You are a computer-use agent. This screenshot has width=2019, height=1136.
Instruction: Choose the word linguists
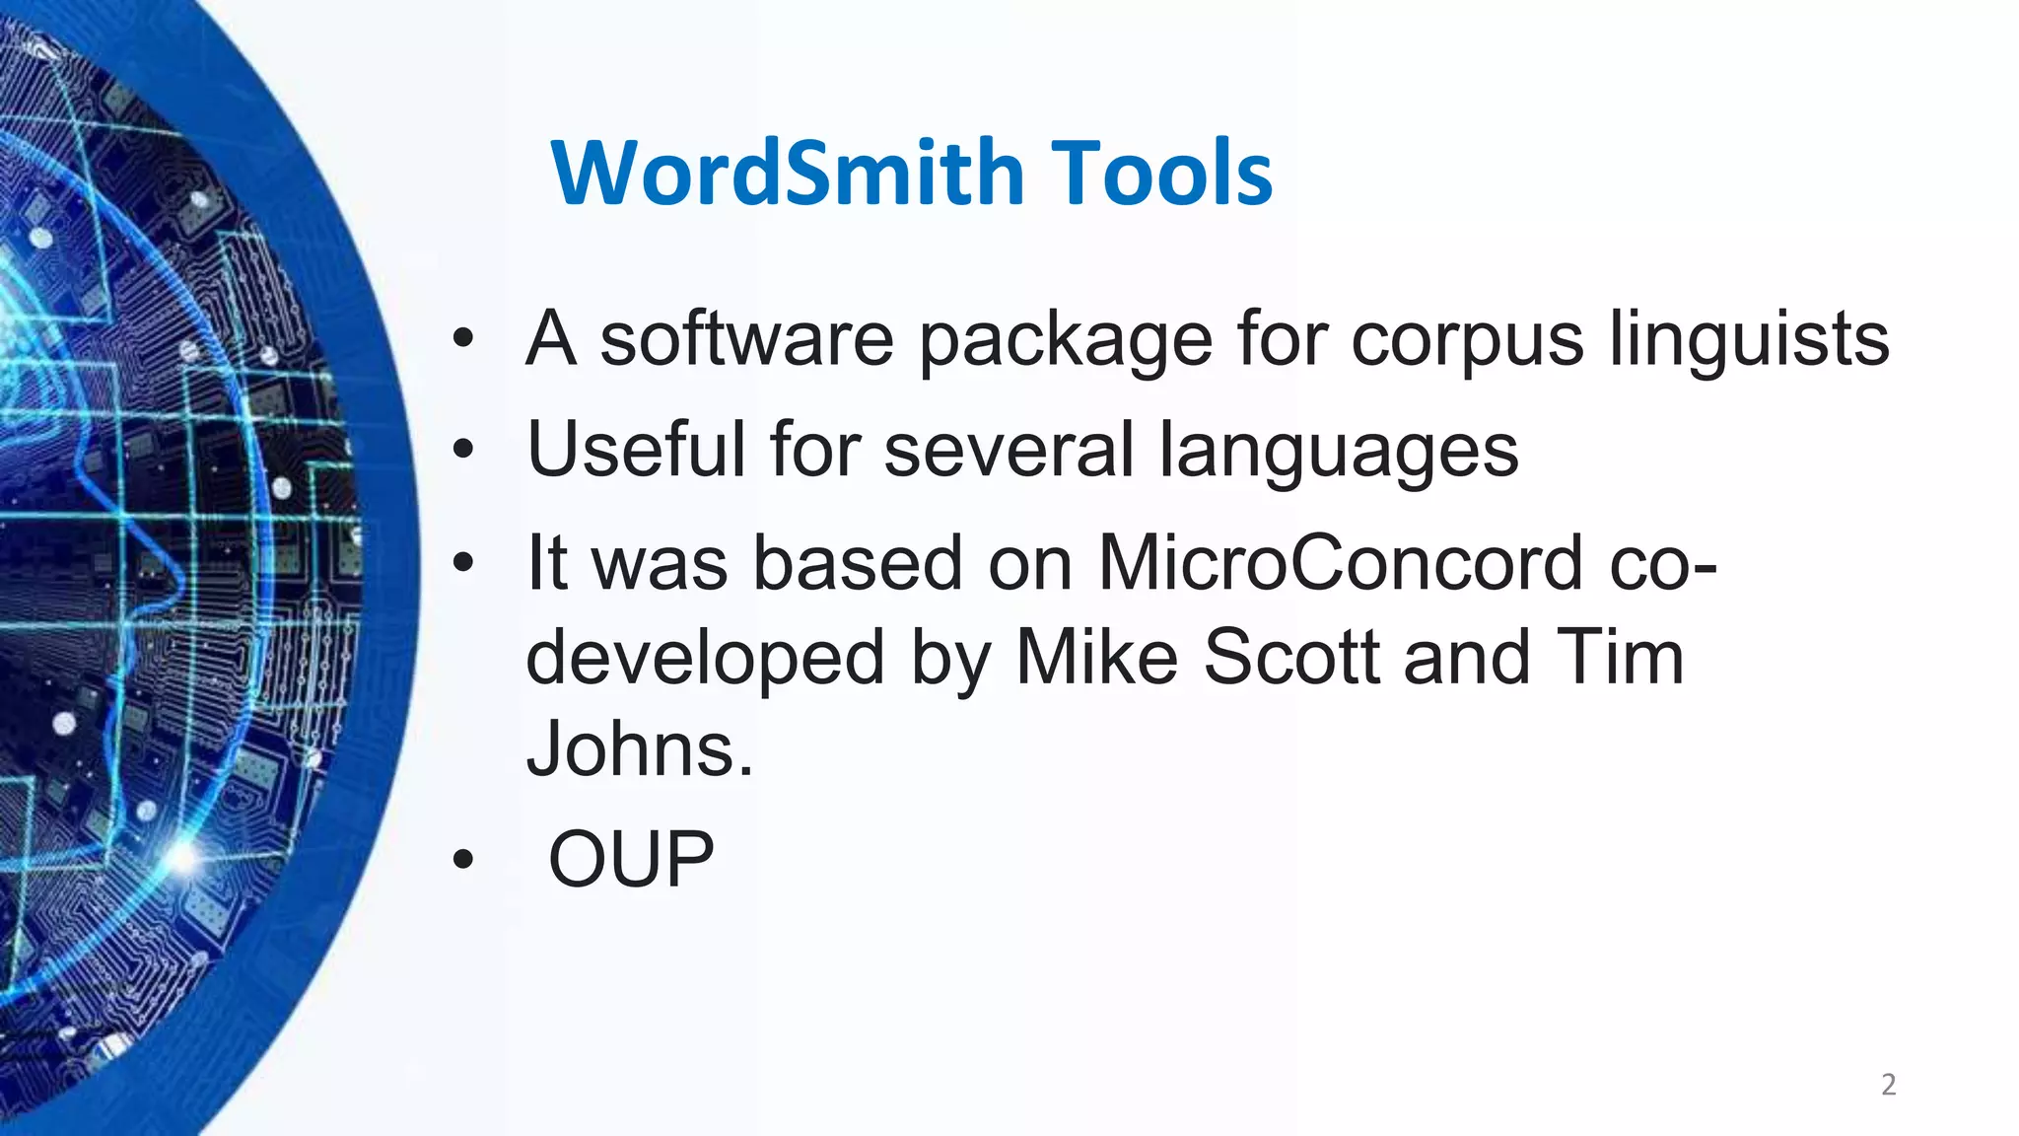pos(1749,340)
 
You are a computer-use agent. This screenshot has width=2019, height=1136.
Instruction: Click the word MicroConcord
pos(1340,562)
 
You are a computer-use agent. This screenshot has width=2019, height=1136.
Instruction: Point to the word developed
pos(705,659)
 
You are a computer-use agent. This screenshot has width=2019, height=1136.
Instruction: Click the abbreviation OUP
pos(631,859)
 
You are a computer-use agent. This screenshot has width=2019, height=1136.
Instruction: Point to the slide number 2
pos(1888,1085)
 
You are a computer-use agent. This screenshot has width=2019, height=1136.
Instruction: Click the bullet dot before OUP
pos(463,860)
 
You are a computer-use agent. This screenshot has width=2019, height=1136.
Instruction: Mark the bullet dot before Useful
pos(463,451)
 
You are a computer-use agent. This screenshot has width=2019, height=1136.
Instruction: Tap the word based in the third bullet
pos(858,562)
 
